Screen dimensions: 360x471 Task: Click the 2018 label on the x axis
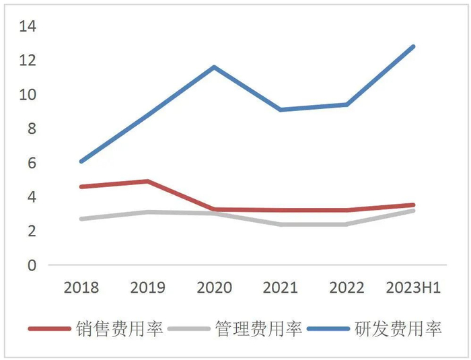click(81, 288)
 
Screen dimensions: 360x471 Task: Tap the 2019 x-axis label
click(147, 288)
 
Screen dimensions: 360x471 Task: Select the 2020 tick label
click(214, 288)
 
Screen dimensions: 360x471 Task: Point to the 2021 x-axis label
click(281, 288)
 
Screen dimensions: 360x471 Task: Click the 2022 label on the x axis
click(347, 288)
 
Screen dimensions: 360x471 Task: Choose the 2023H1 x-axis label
click(414, 288)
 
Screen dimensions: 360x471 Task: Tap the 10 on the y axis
click(28, 95)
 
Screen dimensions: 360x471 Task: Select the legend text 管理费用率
click(258, 329)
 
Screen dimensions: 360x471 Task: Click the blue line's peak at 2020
click(214, 67)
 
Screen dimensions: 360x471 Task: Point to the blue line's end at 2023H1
click(414, 46)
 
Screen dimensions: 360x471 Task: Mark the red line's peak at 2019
click(147, 181)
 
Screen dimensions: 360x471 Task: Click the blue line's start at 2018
click(81, 161)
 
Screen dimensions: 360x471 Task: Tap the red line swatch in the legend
click(50, 329)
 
